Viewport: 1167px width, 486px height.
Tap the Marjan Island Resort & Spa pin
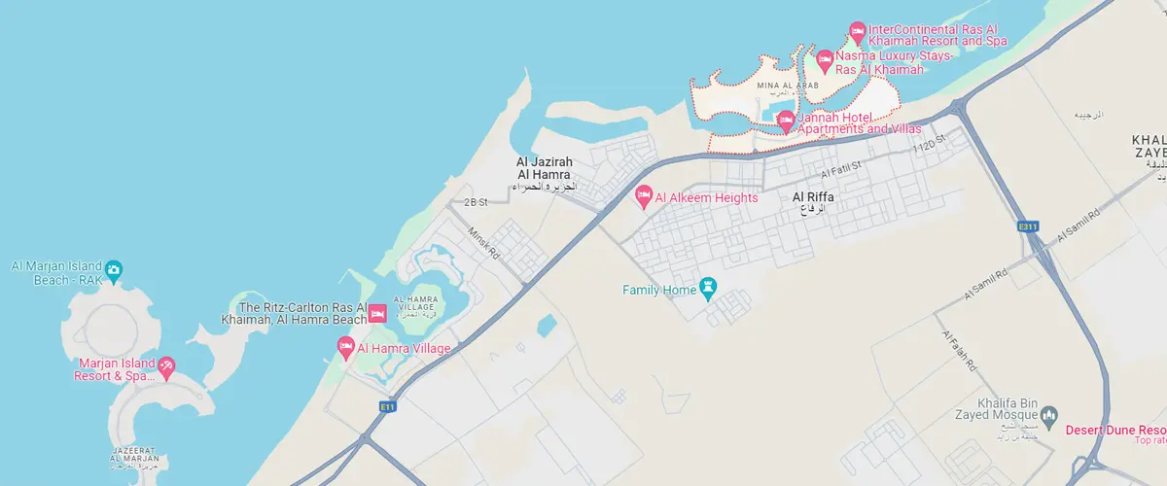point(166,365)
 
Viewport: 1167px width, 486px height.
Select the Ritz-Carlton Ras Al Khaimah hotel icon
point(376,312)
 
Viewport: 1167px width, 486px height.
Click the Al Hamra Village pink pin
point(345,346)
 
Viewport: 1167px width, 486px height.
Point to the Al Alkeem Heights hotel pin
point(643,197)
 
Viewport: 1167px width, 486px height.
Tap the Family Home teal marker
point(708,288)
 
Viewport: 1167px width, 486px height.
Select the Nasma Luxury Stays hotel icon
point(825,58)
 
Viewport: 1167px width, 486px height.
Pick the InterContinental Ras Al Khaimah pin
point(857,31)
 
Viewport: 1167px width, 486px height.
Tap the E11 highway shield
point(388,407)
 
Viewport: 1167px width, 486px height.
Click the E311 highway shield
point(1028,226)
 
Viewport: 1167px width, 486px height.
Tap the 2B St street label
point(475,202)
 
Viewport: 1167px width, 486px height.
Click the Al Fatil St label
point(841,170)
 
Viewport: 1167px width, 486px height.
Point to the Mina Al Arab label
point(788,87)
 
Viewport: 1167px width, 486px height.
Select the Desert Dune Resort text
point(1115,430)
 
